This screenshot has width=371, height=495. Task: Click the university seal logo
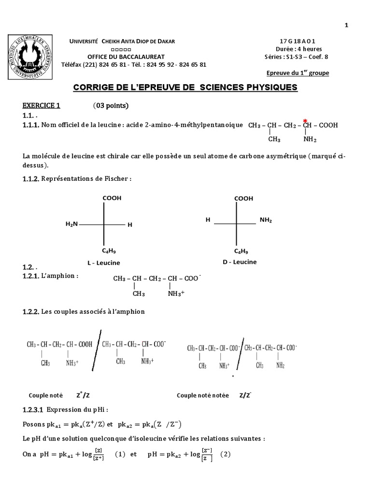pyautogui.click(x=29, y=57)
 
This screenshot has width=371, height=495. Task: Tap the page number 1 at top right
pyautogui.click(x=346, y=26)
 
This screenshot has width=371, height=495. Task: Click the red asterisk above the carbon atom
pyautogui.click(x=305, y=120)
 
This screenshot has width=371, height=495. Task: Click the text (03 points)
pyautogui.click(x=111, y=106)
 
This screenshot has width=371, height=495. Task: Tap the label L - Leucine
pyautogui.click(x=103, y=263)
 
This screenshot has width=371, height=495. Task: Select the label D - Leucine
pyautogui.click(x=240, y=262)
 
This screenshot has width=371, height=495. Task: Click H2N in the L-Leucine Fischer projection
pyautogui.click(x=71, y=224)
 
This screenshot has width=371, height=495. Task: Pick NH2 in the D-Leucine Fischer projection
pyautogui.click(x=266, y=220)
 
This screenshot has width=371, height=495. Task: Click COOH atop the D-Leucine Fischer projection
pyautogui.click(x=243, y=198)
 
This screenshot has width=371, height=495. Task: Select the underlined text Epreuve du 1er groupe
pyautogui.click(x=298, y=73)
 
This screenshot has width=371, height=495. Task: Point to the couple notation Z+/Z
pyautogui.click(x=85, y=394)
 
